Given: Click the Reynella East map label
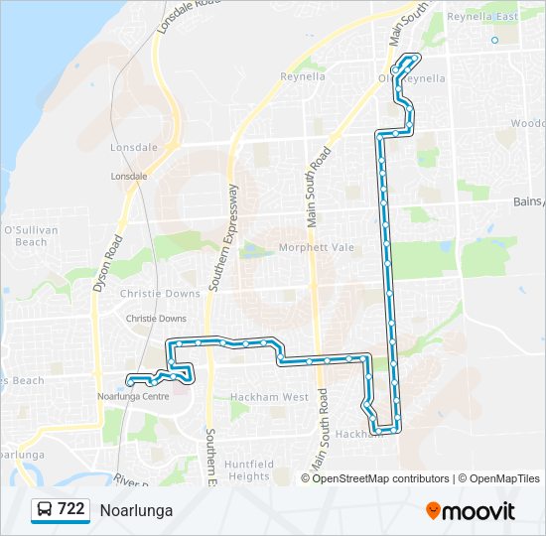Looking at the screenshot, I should (x=483, y=17).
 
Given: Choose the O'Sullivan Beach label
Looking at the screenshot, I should (x=25, y=235).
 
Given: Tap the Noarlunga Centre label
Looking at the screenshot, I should (x=132, y=396).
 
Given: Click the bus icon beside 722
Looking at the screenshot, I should (x=45, y=510).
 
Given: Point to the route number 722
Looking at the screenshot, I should (x=70, y=509).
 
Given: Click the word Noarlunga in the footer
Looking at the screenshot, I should (x=136, y=510).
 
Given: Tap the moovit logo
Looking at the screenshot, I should (x=471, y=511).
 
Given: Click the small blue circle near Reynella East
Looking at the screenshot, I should (x=494, y=41).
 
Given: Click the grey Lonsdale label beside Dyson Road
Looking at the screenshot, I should (x=129, y=176).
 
